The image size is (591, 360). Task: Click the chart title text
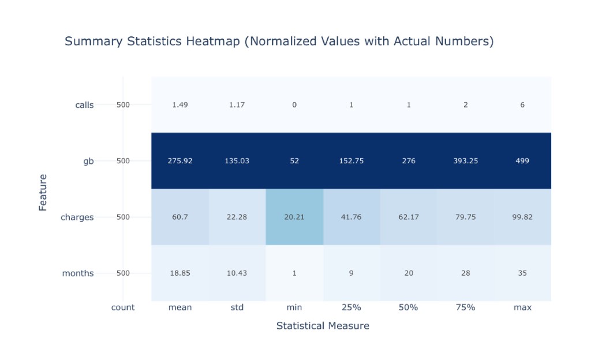279,41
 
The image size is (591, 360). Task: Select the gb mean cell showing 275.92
180,161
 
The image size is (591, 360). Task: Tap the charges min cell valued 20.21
294,217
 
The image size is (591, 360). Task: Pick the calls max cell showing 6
522,104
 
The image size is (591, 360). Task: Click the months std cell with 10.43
237,273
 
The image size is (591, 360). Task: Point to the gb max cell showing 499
522,161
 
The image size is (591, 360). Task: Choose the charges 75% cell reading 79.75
466,217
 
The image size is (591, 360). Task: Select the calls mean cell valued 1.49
180,104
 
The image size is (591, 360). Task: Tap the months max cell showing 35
522,273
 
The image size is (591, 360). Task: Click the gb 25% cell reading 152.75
351,161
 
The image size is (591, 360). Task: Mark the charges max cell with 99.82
522,217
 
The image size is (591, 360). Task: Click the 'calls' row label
84,105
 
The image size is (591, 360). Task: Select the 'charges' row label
77,217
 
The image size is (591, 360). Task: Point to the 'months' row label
78,273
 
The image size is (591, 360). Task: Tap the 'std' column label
237,307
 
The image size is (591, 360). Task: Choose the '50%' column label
408,307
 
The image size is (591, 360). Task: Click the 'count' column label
123,307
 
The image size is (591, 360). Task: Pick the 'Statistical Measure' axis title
323,326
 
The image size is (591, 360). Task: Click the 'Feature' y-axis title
43,193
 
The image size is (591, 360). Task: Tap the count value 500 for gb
123,161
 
